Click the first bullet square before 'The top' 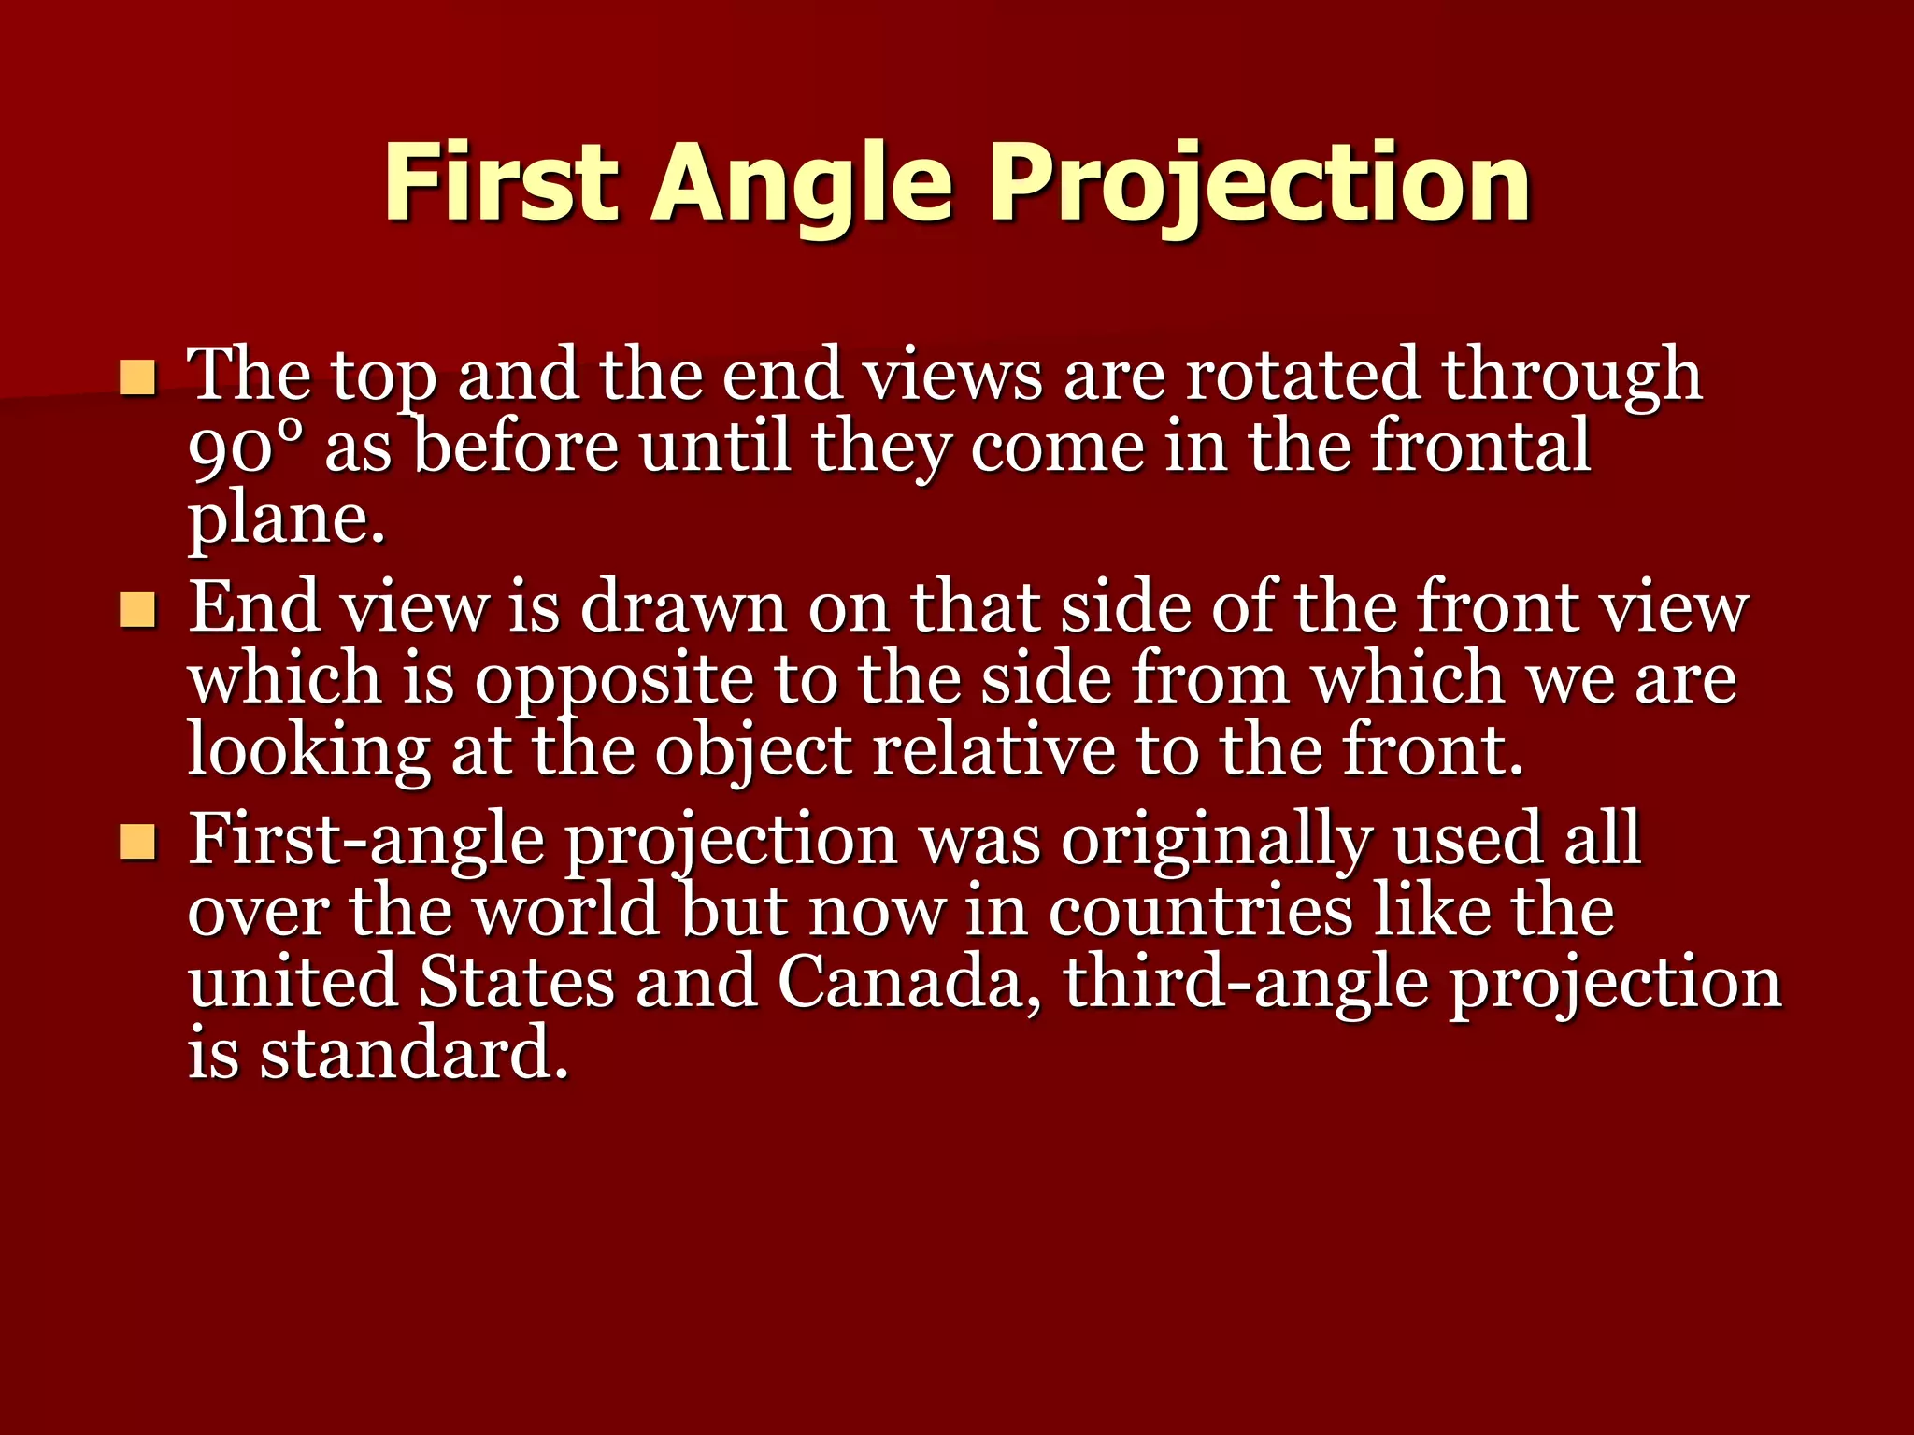click(x=138, y=378)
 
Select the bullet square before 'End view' click(x=138, y=611)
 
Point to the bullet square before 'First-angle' click(x=138, y=843)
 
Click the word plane click(x=286, y=519)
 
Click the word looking click(x=309, y=752)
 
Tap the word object click(x=753, y=752)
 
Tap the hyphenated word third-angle click(x=1247, y=983)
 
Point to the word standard click(x=414, y=1054)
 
